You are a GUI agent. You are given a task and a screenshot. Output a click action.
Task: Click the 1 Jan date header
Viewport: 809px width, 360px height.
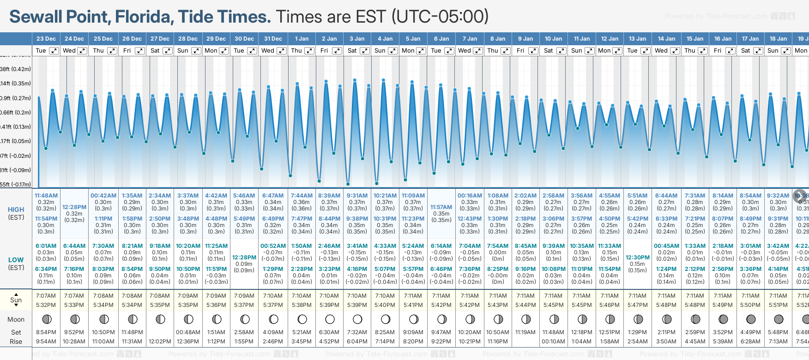pos(302,39)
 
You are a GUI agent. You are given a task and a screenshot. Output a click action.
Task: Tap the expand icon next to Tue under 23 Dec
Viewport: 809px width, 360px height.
pos(54,51)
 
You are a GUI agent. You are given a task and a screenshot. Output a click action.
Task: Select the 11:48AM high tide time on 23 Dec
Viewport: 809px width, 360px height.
pos(46,196)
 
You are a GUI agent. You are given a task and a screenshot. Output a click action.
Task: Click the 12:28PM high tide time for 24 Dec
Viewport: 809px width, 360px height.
pos(74,207)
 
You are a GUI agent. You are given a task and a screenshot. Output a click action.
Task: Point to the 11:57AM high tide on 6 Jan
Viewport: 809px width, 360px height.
pos(441,207)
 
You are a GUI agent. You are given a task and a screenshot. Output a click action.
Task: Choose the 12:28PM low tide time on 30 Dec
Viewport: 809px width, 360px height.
pos(244,258)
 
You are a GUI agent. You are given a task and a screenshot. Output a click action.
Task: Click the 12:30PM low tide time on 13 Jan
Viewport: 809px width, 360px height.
pos(637,258)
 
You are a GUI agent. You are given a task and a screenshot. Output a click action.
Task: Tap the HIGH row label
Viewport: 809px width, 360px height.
pos(16,210)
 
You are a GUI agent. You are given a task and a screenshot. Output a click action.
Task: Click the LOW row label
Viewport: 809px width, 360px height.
pos(16,260)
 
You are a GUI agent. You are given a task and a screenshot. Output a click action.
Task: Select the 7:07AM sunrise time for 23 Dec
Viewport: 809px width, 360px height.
pos(46,296)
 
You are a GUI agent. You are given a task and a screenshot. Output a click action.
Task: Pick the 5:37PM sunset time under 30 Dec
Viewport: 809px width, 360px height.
pos(244,305)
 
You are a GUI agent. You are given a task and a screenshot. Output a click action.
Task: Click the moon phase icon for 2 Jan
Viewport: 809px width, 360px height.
pos(330,319)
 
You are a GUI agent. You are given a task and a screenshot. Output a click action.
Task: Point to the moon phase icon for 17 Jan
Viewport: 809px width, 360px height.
pos(751,319)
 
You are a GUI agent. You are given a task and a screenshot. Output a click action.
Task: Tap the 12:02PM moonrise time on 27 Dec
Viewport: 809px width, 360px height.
pos(160,342)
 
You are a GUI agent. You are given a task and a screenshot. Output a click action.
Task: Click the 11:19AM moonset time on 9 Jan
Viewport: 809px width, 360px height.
pos(525,332)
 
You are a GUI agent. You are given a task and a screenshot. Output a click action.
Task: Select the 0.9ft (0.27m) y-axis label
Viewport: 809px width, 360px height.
pos(16,98)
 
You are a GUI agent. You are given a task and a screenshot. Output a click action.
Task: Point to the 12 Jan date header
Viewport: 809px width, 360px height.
pos(610,39)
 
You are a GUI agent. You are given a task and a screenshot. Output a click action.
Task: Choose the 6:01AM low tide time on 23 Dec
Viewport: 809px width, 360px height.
pos(46,246)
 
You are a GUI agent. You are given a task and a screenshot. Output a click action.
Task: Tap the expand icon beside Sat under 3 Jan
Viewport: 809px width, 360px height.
pos(365,51)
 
